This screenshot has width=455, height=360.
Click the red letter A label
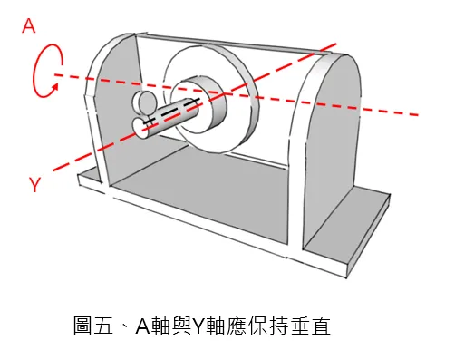pyautogui.click(x=29, y=26)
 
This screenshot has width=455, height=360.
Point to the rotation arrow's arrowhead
pyautogui.click(x=56, y=86)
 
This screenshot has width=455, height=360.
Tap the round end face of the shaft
pyautogui.click(x=145, y=129)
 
